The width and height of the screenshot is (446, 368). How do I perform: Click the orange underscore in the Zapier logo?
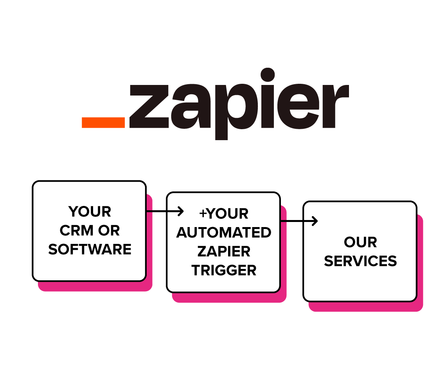103,122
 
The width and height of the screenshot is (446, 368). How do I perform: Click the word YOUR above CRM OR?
90,212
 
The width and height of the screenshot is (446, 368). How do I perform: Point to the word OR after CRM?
109,231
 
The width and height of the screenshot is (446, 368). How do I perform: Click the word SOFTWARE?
90,249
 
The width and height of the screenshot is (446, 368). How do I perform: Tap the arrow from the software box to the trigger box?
165,212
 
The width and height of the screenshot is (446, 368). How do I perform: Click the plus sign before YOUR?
203,214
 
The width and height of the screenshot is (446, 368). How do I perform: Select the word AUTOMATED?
223,233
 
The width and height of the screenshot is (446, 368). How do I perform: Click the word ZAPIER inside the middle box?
223,251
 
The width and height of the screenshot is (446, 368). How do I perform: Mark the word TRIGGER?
223,270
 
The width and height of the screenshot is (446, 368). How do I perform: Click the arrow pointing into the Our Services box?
299,221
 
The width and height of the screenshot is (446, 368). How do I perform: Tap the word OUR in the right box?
360,242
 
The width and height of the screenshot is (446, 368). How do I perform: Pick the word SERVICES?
360,261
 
